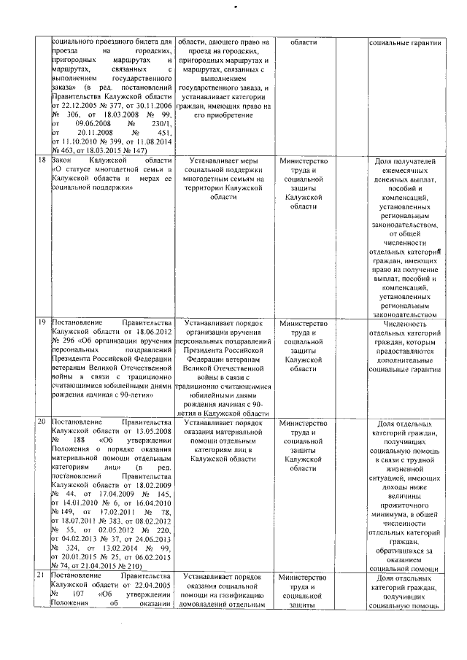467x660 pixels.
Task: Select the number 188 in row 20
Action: click(x=80, y=440)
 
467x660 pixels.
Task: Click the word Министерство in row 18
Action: click(x=303, y=160)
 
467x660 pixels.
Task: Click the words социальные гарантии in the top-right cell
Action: click(x=403, y=43)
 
